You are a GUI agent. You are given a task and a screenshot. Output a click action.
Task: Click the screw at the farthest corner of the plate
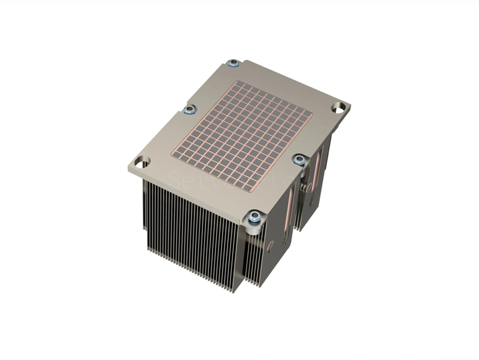tap(234, 62)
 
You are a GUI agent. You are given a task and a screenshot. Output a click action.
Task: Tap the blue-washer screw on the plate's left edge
tap(190, 110)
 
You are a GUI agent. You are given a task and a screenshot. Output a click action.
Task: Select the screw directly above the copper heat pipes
tap(299, 159)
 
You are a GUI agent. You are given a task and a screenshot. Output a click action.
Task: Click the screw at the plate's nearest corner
tap(255, 217)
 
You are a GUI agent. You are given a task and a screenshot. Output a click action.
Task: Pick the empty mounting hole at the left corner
tap(142, 162)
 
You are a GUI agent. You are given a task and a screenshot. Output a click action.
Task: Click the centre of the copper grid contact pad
tap(242, 135)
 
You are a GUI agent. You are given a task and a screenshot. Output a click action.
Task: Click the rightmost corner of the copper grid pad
tap(312, 113)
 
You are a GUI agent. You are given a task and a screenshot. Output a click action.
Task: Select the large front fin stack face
tap(192, 234)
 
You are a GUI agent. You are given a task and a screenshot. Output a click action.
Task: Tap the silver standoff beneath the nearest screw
tap(254, 228)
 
